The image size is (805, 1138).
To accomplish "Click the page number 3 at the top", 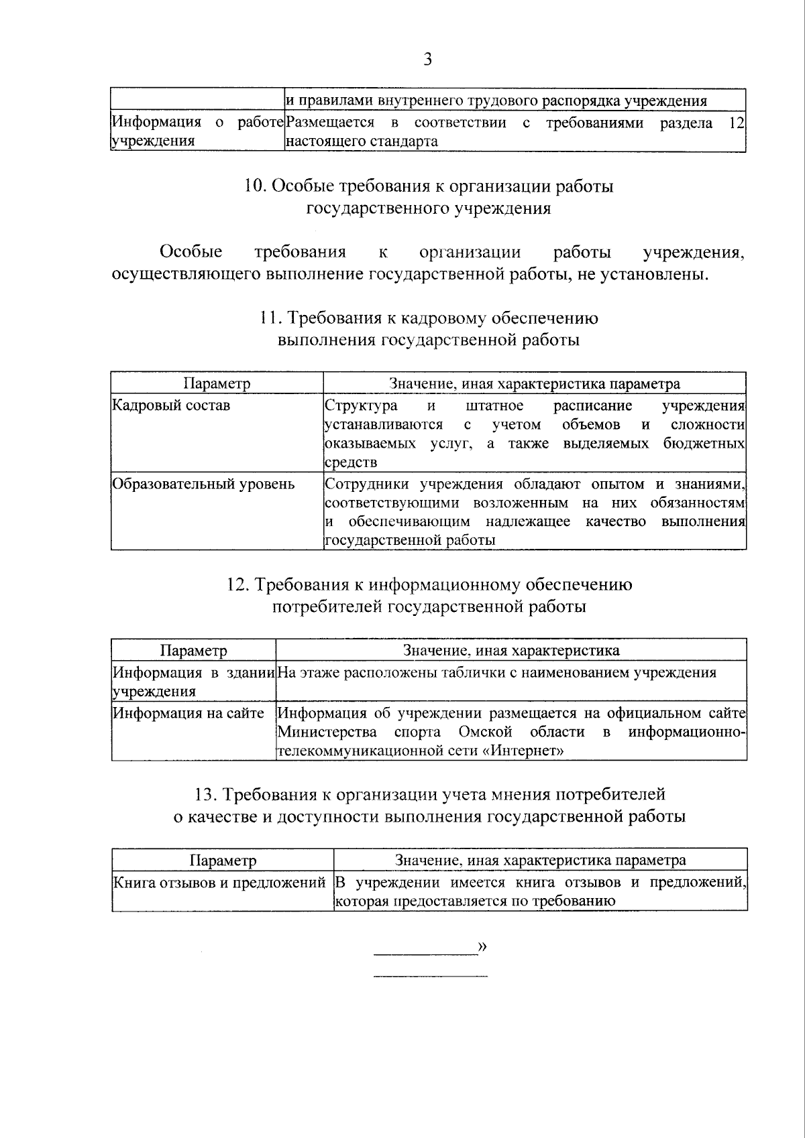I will tap(427, 60).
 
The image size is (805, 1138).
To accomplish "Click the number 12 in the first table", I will tap(737, 123).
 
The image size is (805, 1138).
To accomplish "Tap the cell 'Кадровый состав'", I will tap(171, 405).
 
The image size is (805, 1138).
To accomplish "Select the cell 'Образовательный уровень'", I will tap(203, 484).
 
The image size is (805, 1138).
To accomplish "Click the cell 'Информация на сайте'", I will tap(189, 713).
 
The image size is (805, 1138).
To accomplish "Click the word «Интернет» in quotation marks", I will tap(523, 751).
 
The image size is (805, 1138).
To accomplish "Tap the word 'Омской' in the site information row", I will tap(486, 732).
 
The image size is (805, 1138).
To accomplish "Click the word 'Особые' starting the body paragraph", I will tap(191, 252).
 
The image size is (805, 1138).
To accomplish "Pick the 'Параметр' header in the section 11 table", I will tap(217, 383).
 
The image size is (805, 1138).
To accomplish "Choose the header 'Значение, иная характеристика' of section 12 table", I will tap(511, 650).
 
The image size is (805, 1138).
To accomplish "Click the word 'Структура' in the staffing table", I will tap(361, 405).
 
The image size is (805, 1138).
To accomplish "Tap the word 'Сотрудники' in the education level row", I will tap(368, 484).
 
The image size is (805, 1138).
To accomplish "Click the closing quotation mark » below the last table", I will tap(481, 946).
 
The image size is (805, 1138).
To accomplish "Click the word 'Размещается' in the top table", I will tap(329, 123).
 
